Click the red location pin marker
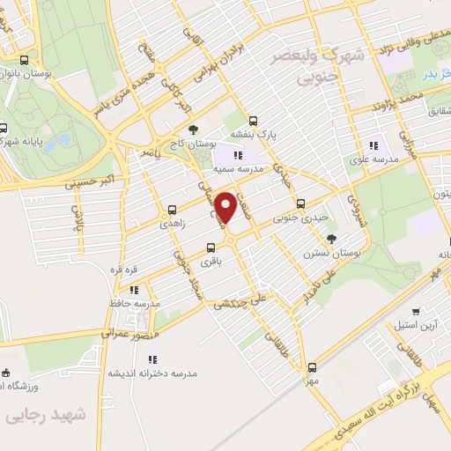click(x=226, y=207)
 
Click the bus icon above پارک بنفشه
click(x=254, y=122)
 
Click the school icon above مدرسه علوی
click(x=373, y=145)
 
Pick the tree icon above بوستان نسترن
click(x=331, y=239)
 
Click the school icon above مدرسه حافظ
click(x=134, y=289)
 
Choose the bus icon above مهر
click(x=311, y=367)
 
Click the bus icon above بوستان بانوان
click(x=24, y=61)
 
